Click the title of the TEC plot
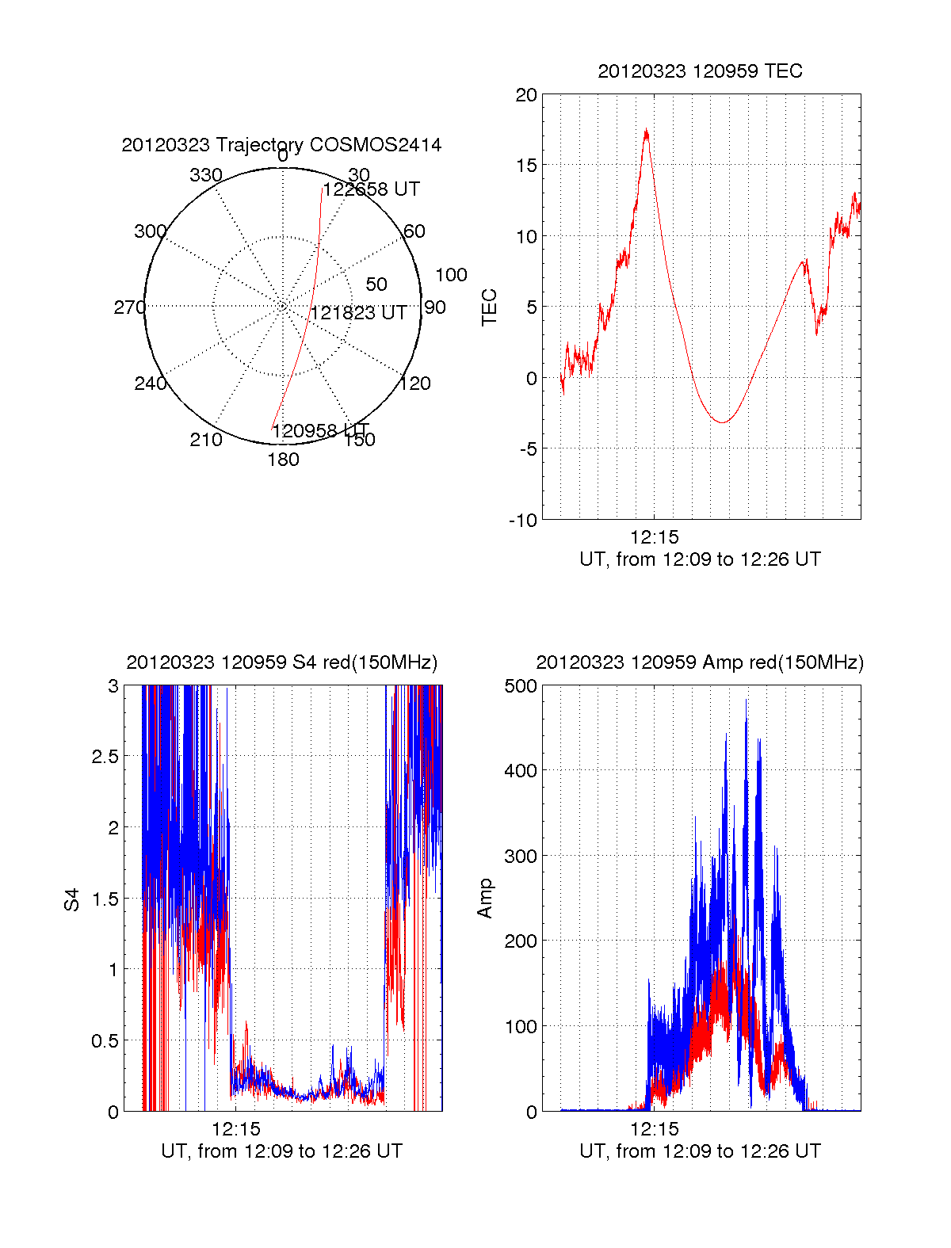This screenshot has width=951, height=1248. (x=700, y=71)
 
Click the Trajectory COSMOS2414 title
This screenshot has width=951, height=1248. (x=281, y=145)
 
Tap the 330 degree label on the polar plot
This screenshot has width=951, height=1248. (x=205, y=175)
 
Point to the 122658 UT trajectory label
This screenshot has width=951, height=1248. (x=371, y=189)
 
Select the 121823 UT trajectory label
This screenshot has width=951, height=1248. (x=358, y=313)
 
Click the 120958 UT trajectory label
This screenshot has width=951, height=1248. (x=320, y=431)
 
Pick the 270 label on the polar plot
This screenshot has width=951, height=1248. (x=129, y=307)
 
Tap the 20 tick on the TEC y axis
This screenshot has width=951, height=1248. (x=526, y=96)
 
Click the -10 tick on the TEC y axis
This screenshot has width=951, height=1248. (x=523, y=521)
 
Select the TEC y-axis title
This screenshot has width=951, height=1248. (x=490, y=307)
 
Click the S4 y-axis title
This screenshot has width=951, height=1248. (x=72, y=899)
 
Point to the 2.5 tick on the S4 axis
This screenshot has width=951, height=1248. (x=105, y=757)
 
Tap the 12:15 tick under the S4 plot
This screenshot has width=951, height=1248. (x=235, y=1129)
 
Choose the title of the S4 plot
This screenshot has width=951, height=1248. (x=281, y=662)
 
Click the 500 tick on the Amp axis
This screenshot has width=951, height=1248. (x=521, y=686)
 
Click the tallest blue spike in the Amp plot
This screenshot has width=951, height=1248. (x=746, y=700)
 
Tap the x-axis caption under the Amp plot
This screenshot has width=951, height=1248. (x=700, y=1151)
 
